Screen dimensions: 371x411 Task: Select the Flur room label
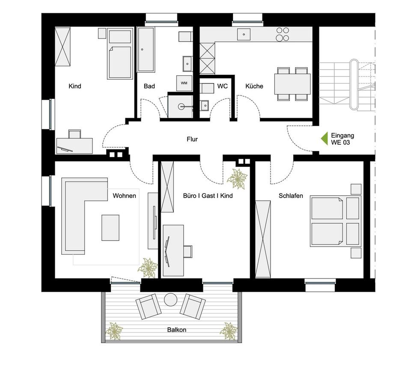[192, 139]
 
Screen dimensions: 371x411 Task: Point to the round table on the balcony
[170, 300]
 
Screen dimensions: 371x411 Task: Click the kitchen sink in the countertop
[244, 34]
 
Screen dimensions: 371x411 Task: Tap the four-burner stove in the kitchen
[282, 34]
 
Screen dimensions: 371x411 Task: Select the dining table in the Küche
[293, 83]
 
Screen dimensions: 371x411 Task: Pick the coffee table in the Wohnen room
[110, 227]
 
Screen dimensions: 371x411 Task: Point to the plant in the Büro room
[237, 178]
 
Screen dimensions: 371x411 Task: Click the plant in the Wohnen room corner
[148, 268]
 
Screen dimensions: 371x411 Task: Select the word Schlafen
[291, 196]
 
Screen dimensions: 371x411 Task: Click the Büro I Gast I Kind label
[208, 196]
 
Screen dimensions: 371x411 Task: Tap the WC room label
[222, 86]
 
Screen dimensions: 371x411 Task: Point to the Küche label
[254, 86]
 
